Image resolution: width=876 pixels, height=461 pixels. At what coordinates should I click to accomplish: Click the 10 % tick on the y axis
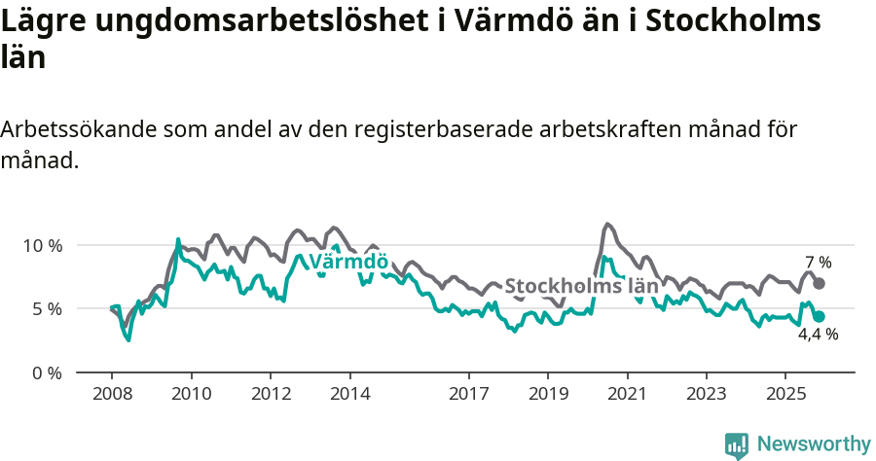tap(42, 245)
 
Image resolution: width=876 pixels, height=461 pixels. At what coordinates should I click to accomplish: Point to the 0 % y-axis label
tap(46, 372)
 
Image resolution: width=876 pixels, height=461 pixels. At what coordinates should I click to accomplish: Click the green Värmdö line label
tap(348, 263)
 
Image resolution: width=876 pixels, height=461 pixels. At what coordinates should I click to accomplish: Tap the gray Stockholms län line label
tap(582, 287)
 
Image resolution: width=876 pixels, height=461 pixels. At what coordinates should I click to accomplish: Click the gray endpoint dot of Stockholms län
tap(820, 283)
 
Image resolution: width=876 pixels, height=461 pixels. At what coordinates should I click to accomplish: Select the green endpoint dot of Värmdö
tap(820, 316)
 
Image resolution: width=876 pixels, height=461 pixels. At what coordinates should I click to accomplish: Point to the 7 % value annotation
tap(819, 263)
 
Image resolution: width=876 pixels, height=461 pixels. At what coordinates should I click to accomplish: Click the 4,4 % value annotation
tap(818, 334)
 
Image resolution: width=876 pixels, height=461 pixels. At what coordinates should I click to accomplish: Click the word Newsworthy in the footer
tap(813, 444)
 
